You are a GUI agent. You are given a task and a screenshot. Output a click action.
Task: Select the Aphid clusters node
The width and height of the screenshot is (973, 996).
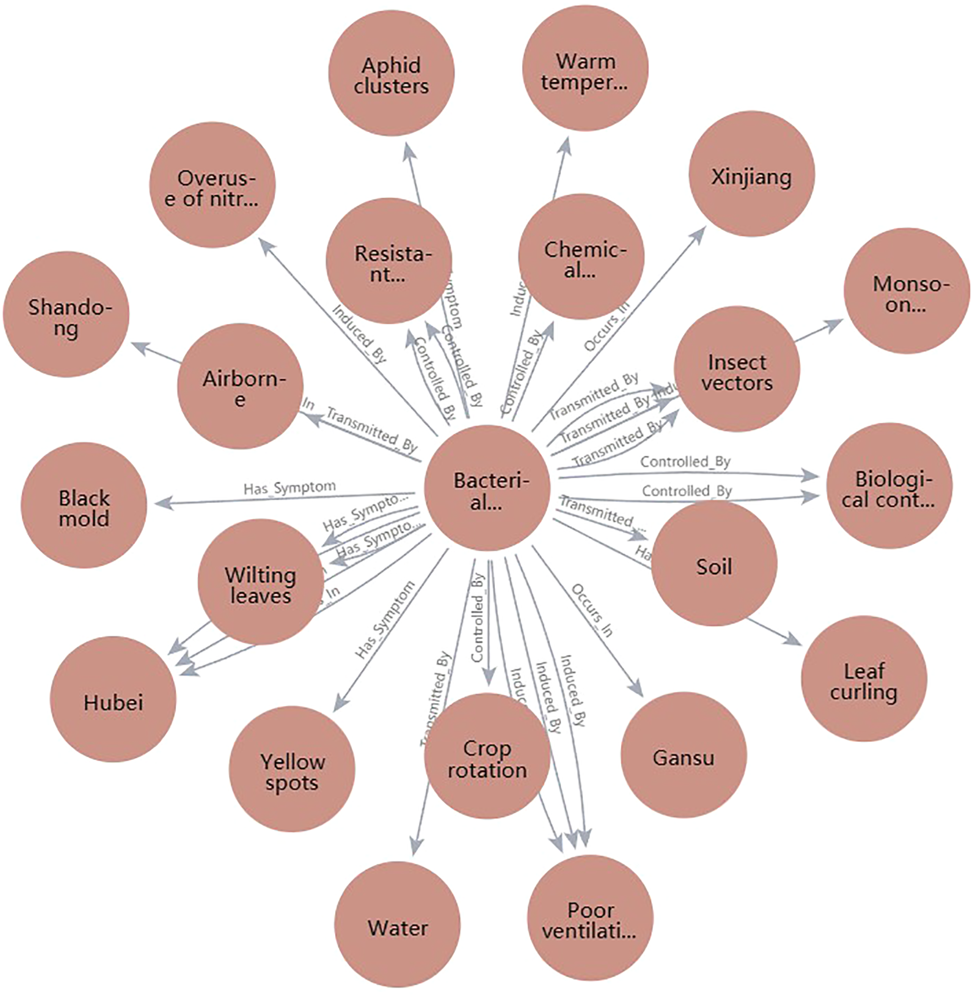(x=391, y=74)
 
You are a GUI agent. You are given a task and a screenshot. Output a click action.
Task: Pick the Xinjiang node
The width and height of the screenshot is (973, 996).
(x=751, y=174)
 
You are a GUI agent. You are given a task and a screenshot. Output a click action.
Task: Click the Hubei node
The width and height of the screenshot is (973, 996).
(x=113, y=699)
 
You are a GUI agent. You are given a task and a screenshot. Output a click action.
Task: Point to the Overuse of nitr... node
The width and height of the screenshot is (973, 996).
(x=212, y=186)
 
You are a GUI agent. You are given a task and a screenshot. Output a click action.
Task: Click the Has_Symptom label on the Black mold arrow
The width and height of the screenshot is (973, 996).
(x=289, y=488)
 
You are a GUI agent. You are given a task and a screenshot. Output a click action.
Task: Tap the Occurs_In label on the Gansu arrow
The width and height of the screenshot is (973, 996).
(x=592, y=610)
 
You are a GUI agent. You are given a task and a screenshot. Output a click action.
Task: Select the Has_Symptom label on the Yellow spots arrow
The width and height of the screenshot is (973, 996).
(x=385, y=619)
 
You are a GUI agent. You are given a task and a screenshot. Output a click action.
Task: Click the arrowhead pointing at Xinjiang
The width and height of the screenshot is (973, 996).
(x=699, y=234)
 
